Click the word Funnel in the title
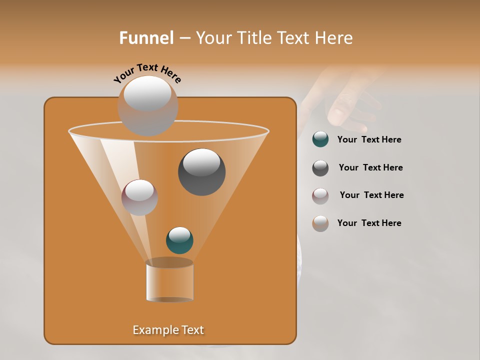point(146,38)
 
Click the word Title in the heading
point(253,38)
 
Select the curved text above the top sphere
point(147,73)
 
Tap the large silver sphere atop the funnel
point(147,105)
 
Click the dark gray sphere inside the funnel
point(201,171)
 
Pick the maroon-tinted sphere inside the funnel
point(139,197)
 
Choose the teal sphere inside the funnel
point(179,240)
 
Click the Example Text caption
point(168,330)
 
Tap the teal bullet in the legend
point(320,139)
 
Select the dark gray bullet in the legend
point(320,168)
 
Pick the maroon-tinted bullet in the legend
point(320,196)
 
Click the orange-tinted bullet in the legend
point(320,223)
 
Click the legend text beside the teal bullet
point(369,140)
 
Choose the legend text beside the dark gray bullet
point(370,168)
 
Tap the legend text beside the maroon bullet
point(371,195)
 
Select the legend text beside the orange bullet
point(369,223)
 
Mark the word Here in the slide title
point(333,38)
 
